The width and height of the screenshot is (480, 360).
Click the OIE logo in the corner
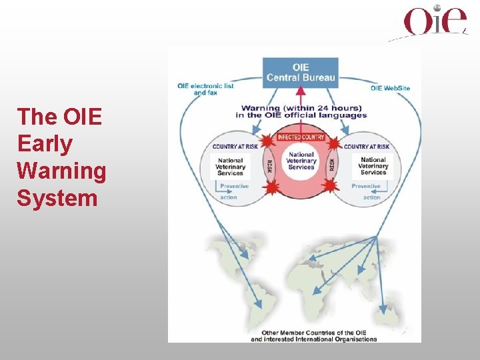pyautogui.click(x=435, y=21)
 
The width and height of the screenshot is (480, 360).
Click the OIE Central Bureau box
pyautogui.click(x=301, y=73)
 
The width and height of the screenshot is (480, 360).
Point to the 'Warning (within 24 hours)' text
pyautogui.click(x=301, y=108)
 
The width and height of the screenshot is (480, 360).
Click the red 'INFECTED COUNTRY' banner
pyautogui.click(x=301, y=137)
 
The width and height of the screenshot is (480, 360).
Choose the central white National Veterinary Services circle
pyautogui.click(x=301, y=161)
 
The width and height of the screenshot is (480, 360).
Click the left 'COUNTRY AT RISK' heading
pyautogui.click(x=235, y=146)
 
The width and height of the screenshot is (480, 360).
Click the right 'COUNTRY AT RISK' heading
pyautogui.click(x=366, y=146)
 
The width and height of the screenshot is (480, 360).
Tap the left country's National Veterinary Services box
pyautogui.click(x=230, y=166)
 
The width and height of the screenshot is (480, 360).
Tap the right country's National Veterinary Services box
pyautogui.click(x=373, y=166)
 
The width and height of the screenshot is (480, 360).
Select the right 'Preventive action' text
pyautogui.click(x=367, y=191)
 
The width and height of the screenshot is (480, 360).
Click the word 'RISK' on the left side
pyautogui.click(x=270, y=165)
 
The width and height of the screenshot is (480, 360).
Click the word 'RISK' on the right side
pyautogui.click(x=331, y=165)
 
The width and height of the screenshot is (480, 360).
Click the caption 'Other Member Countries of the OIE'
pyautogui.click(x=314, y=333)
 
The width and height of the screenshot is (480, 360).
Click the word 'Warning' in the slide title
pyautogui.click(x=61, y=171)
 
